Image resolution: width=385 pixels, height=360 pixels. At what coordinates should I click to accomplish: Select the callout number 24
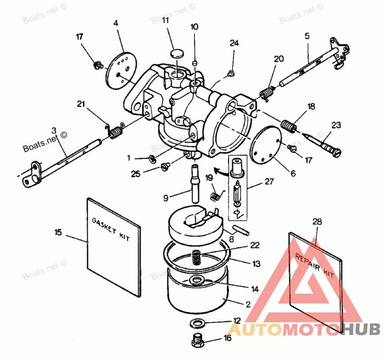pos(234,43)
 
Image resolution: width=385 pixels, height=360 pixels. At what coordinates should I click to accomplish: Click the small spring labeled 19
pos(216,194)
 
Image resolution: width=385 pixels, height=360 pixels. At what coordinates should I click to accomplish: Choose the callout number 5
pos(308,35)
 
